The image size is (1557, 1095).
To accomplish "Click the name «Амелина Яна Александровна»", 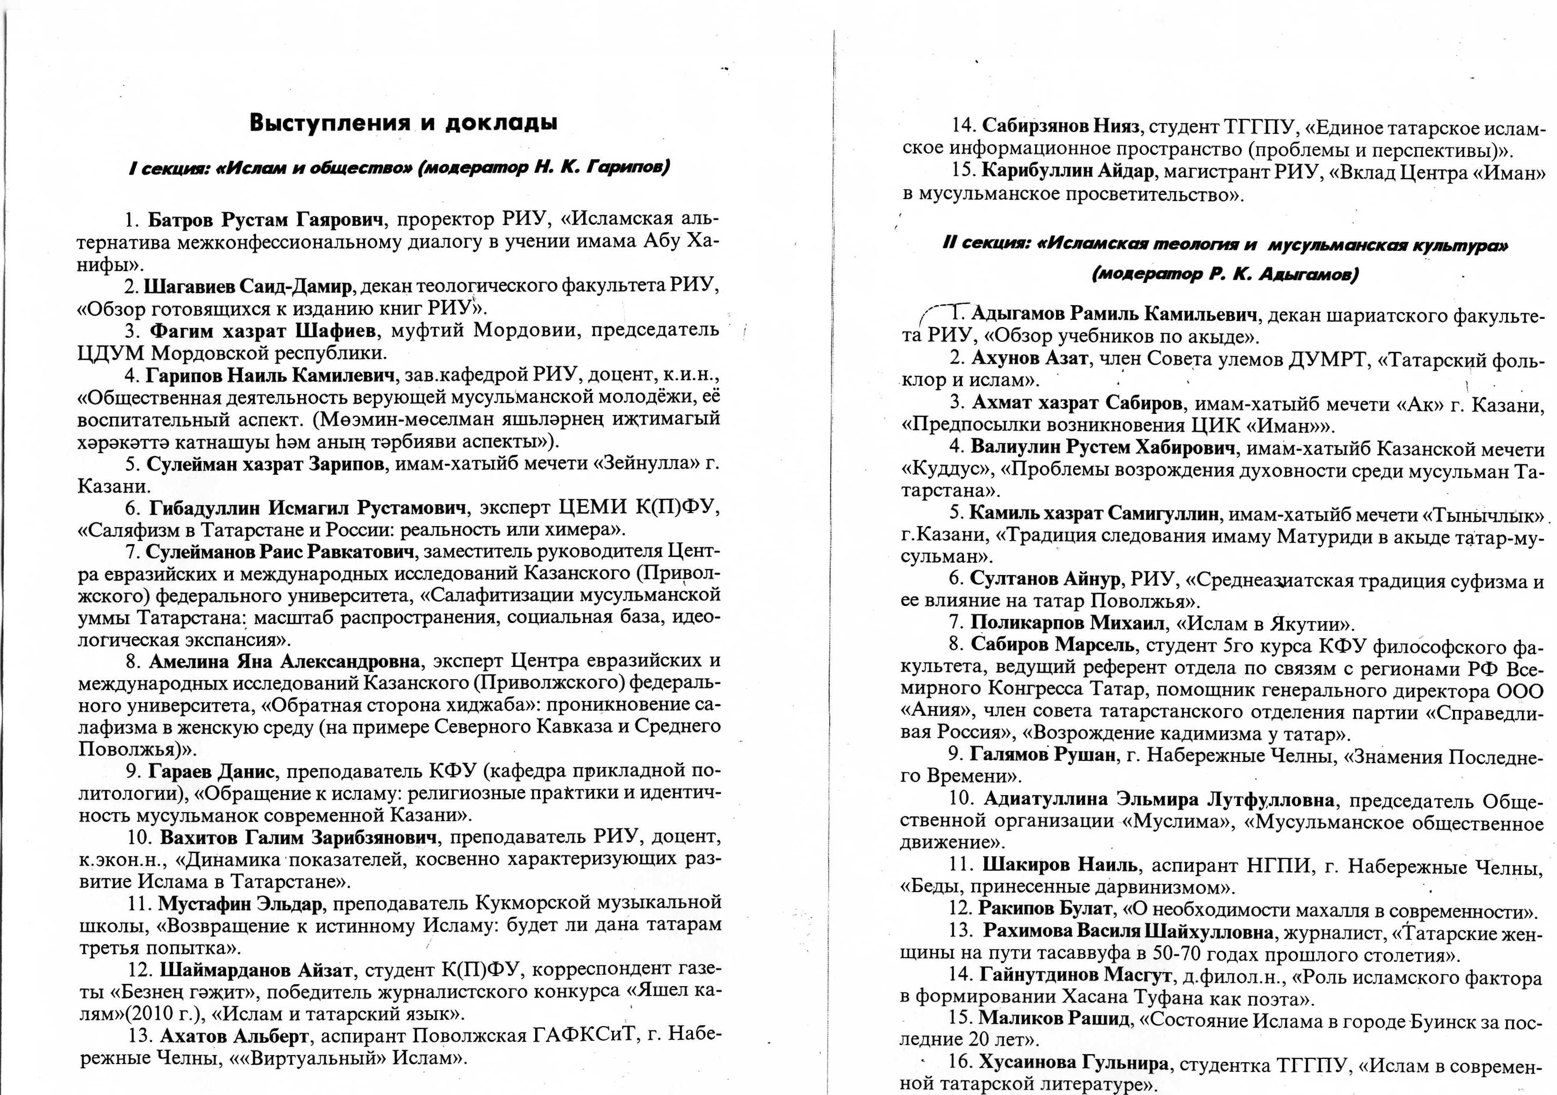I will click(x=284, y=661).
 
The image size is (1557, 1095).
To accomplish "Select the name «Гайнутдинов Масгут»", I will click(x=1076, y=976).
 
